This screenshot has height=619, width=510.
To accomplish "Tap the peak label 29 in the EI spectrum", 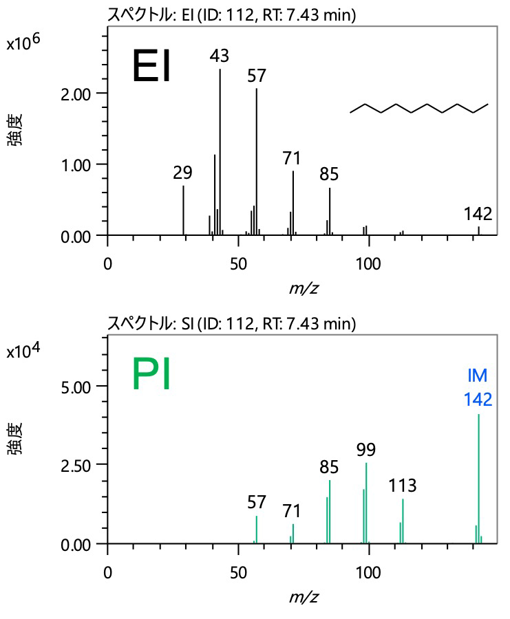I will [182, 173].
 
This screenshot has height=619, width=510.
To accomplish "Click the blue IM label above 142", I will [478, 376].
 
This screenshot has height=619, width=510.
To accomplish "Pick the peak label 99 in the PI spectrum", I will [366, 450].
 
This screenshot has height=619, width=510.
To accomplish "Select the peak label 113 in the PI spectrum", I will [402, 486].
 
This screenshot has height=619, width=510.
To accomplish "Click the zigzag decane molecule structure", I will [418, 109].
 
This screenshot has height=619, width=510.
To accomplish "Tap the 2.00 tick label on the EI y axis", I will [77, 93].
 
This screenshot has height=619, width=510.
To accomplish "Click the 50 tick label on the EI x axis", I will [238, 263].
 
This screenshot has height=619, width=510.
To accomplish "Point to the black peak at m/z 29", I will [183, 210].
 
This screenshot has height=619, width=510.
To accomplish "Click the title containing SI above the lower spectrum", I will [231, 323].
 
